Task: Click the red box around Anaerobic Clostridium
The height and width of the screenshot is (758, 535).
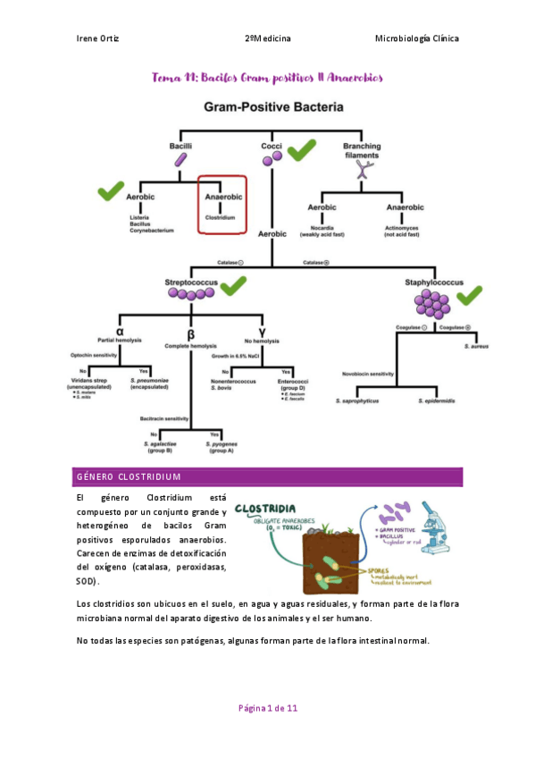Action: (222, 204)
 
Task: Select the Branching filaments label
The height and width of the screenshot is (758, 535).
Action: (362, 150)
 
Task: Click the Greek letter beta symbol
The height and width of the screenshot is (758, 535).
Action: (190, 333)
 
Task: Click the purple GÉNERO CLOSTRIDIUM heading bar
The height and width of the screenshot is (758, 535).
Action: (268, 476)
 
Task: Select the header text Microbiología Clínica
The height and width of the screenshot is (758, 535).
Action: (416, 38)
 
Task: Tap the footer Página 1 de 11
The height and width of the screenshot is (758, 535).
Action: (268, 708)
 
